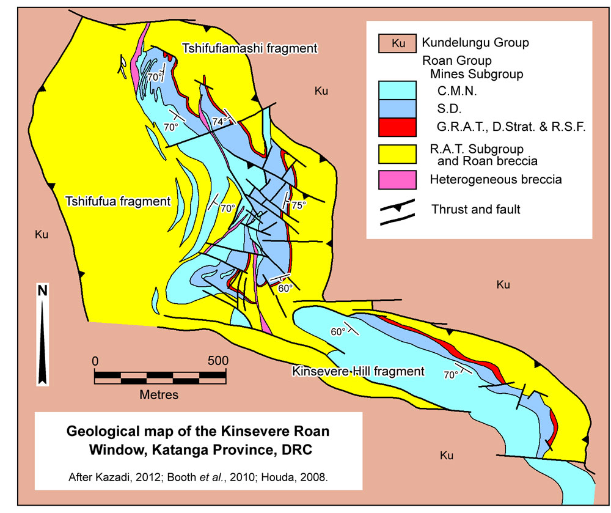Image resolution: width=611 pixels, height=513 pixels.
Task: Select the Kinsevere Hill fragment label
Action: coord(358,371)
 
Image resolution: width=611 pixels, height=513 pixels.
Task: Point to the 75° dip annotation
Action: coord(298,205)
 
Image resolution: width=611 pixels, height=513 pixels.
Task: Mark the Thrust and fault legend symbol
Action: coord(398,210)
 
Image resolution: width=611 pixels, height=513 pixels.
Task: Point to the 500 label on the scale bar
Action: coord(218,360)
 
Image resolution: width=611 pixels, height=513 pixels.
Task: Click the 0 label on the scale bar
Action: coord(95,360)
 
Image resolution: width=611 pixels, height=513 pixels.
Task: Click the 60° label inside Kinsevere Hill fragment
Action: coord(338,331)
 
